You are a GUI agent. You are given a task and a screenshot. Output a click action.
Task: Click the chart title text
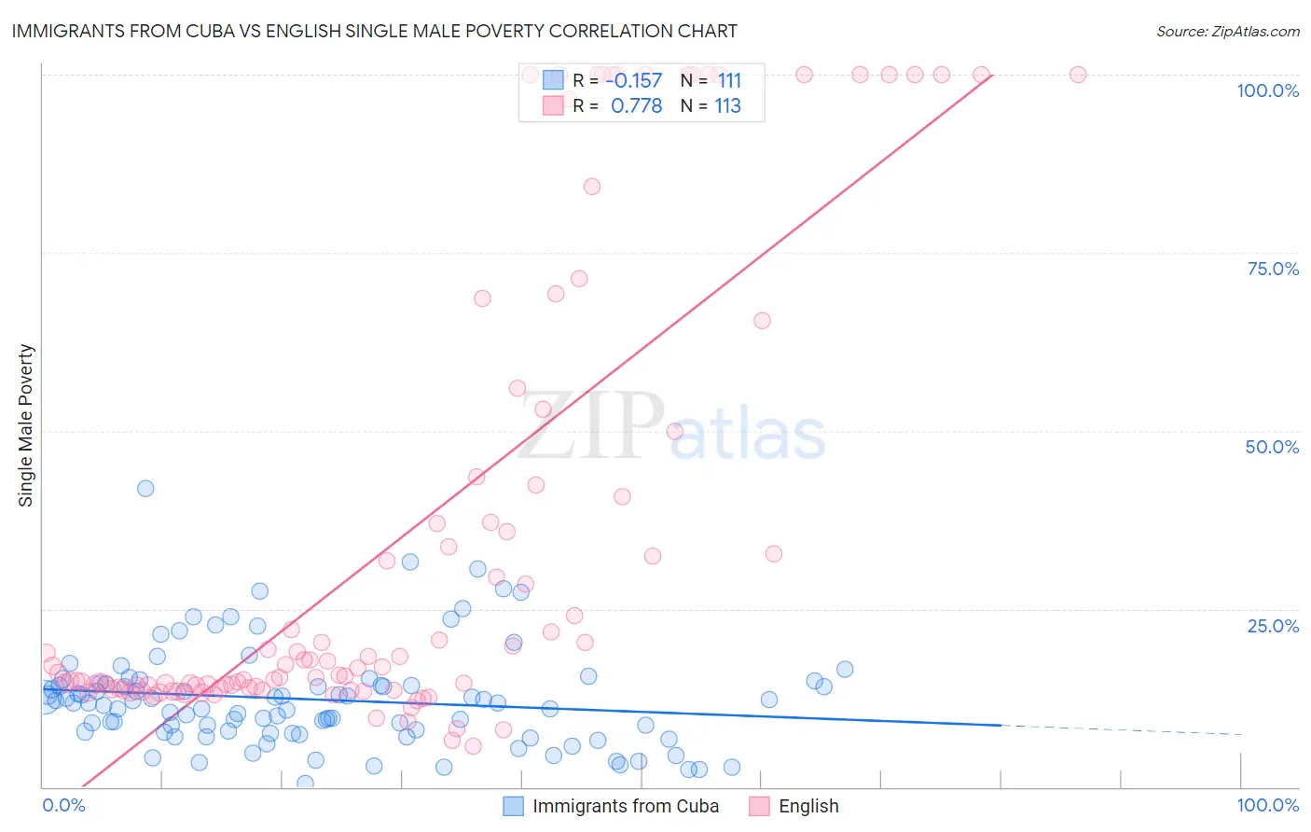(x=374, y=31)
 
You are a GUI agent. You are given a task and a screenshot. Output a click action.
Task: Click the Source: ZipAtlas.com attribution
(x=1227, y=31)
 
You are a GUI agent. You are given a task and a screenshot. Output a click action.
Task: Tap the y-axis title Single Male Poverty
(x=26, y=425)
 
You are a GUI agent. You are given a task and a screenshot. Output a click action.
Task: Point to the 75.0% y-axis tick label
(x=1273, y=269)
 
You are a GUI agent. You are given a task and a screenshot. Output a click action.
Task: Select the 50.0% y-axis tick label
(x=1272, y=447)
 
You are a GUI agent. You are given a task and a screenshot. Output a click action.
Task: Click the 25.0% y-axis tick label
(x=1273, y=626)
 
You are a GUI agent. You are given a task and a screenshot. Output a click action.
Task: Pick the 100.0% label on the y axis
(x=1267, y=90)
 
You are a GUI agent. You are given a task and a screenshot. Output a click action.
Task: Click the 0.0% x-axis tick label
(x=63, y=805)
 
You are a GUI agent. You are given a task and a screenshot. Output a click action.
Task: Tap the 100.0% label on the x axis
(x=1267, y=805)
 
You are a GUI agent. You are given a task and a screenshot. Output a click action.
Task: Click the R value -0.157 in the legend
(x=634, y=81)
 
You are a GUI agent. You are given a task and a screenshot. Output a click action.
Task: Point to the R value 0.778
(x=636, y=106)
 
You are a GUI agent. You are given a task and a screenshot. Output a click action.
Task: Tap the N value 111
(x=729, y=81)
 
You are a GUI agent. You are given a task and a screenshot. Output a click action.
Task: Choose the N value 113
(x=727, y=106)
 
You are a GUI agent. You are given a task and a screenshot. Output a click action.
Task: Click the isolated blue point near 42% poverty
(x=145, y=488)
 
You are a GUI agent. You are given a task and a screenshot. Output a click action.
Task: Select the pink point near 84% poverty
(x=592, y=187)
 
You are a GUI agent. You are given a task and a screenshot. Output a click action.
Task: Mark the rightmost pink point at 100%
(x=1078, y=75)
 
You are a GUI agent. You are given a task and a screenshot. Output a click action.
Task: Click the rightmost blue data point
(x=845, y=669)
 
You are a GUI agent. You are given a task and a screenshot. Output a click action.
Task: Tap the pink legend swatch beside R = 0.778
(x=553, y=105)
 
